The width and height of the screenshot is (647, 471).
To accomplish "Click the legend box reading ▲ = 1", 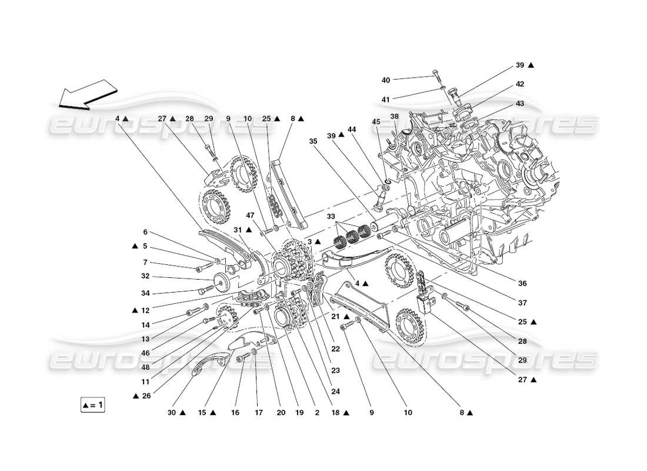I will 92,405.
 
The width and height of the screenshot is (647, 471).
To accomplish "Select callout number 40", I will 386,80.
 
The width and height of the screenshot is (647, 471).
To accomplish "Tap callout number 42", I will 520,84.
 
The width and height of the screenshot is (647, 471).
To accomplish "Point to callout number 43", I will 520,103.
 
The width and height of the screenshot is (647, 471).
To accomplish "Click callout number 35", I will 313,141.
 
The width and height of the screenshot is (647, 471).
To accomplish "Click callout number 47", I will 251,216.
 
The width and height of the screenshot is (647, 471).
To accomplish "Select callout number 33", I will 331,216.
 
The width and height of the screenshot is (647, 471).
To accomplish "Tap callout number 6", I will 145,233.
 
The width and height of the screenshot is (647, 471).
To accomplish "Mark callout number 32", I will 145,276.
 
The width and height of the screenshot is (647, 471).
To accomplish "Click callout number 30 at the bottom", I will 172,413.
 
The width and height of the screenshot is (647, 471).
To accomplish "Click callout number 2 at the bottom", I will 317,413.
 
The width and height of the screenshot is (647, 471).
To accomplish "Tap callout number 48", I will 145,366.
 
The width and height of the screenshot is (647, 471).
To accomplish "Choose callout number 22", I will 335,349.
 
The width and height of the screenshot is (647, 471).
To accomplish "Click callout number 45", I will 376,122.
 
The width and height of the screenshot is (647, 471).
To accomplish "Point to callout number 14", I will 145,324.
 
